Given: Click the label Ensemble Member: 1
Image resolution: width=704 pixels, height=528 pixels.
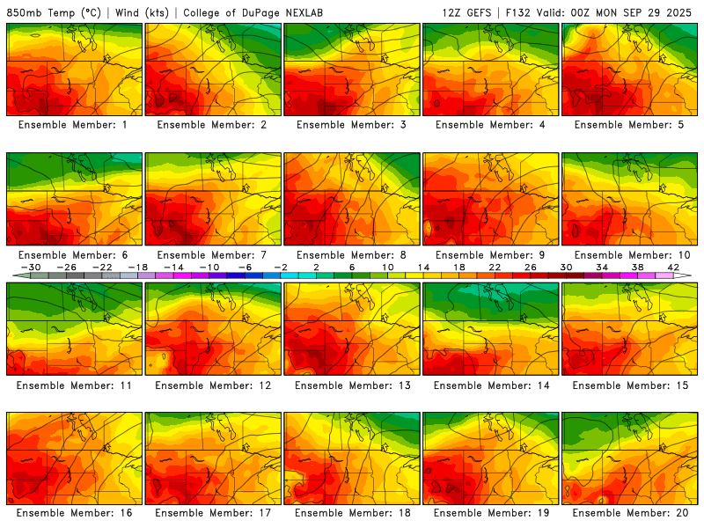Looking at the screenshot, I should click(x=74, y=125).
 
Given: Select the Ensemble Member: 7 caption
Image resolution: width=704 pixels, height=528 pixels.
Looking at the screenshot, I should click(x=213, y=255).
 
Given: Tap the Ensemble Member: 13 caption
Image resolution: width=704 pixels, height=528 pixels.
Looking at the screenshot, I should click(x=352, y=385).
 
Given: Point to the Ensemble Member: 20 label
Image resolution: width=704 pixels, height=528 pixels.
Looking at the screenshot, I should click(x=629, y=513).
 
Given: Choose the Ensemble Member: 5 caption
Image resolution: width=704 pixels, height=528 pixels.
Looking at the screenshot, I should click(x=629, y=125).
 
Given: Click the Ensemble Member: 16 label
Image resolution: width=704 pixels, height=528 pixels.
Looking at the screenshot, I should click(x=74, y=513).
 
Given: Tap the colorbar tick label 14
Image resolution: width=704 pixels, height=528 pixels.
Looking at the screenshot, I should click(x=423, y=268).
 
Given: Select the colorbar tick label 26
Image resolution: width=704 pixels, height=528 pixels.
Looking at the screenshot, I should click(x=530, y=268).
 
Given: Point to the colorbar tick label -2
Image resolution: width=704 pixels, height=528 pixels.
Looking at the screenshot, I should click(x=281, y=268).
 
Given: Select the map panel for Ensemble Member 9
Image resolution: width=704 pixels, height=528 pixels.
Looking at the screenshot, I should click(x=491, y=199).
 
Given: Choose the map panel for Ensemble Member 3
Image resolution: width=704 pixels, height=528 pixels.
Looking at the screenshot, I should click(x=352, y=70).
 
